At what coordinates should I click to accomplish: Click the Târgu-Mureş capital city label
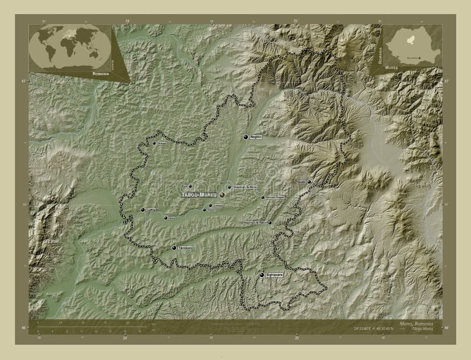[199, 194]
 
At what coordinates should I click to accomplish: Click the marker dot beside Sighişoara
[261, 275]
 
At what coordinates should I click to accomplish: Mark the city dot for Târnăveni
[174, 248]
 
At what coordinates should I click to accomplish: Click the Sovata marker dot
[309, 182]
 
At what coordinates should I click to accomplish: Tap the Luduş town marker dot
[142, 209]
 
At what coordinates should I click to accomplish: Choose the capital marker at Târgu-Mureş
[223, 194]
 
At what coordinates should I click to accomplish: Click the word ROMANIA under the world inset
[100, 75]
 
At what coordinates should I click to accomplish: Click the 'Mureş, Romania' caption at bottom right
[416, 324]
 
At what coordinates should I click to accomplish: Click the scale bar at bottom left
[88, 325]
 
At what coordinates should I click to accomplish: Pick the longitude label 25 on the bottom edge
[297, 338]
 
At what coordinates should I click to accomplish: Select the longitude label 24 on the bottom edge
[125, 338]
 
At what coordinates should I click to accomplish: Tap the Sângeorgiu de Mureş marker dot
[229, 187]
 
